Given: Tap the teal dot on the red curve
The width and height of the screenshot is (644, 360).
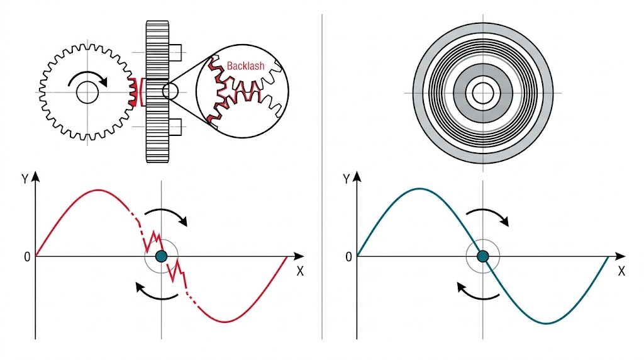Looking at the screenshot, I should [x=162, y=256].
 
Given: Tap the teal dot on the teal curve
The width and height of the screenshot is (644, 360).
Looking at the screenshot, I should [x=483, y=256].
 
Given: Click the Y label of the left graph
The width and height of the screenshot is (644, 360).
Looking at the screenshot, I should [x=25, y=178].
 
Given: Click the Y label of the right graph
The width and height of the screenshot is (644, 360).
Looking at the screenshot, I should [x=347, y=178].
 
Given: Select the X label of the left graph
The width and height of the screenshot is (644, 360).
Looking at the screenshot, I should [x=300, y=272].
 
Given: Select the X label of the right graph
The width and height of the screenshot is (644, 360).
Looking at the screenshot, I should [x=621, y=272].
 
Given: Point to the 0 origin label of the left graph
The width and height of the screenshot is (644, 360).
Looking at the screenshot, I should [x=26, y=257].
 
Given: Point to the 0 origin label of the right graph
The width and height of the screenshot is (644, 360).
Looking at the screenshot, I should [x=348, y=257].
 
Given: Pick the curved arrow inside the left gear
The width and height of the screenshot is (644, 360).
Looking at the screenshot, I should [x=89, y=78].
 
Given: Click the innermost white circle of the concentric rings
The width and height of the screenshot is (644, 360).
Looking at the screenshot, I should [x=483, y=93].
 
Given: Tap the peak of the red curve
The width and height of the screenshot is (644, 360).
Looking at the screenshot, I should [x=98, y=189].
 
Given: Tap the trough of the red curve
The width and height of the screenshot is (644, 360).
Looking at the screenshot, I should [x=225, y=322].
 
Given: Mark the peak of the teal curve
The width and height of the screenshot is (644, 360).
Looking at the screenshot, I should [x=419, y=188].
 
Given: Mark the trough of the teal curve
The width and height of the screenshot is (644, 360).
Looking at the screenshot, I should [x=547, y=323].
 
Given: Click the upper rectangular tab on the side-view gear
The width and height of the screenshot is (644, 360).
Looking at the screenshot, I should [x=175, y=50].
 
